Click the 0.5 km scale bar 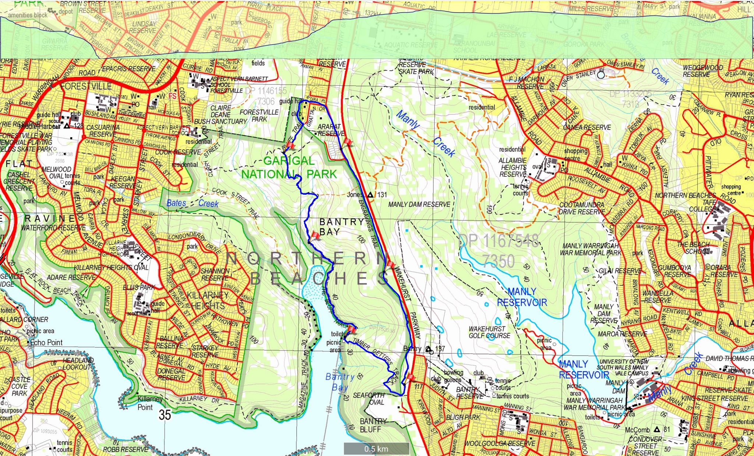click(376, 449)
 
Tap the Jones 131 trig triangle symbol click(370, 195)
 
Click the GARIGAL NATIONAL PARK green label click(289, 167)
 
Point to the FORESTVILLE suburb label click(86, 86)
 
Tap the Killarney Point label click(149, 403)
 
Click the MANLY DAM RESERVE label click(419, 204)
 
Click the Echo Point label click(46, 342)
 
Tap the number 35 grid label click(165, 415)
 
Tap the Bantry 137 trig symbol click(428, 349)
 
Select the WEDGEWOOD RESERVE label click(703, 71)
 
